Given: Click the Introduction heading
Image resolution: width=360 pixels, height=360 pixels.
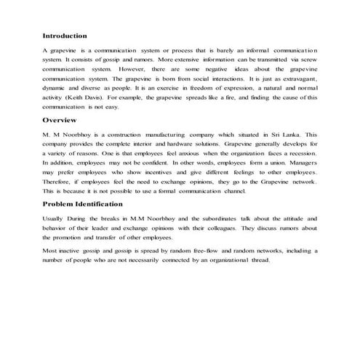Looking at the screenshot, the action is pyautogui.click(x=65, y=35).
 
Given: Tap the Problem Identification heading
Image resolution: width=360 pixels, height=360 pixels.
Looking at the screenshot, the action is pyautogui.click(x=83, y=203).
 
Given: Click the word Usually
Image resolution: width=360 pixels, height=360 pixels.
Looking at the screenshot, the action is pyautogui.click(x=55, y=218).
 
